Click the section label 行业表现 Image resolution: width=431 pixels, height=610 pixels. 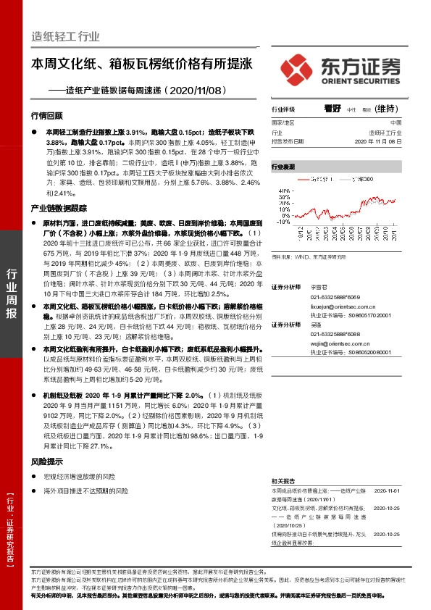pos(283,167)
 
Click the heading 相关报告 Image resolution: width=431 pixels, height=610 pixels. pos(283,480)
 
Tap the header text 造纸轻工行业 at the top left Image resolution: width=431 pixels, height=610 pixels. pos(65,36)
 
